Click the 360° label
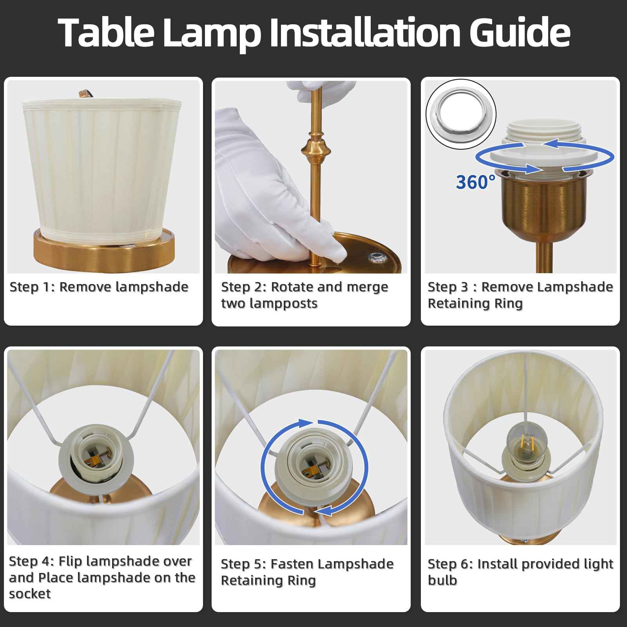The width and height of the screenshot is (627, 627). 475,182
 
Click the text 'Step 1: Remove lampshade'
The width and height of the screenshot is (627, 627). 99,287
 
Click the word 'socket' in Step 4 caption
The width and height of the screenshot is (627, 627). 30,594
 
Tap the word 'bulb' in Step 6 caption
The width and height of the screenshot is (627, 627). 442,580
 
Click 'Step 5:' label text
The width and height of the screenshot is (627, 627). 243,564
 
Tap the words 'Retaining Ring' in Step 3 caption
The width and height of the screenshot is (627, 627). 475,303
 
